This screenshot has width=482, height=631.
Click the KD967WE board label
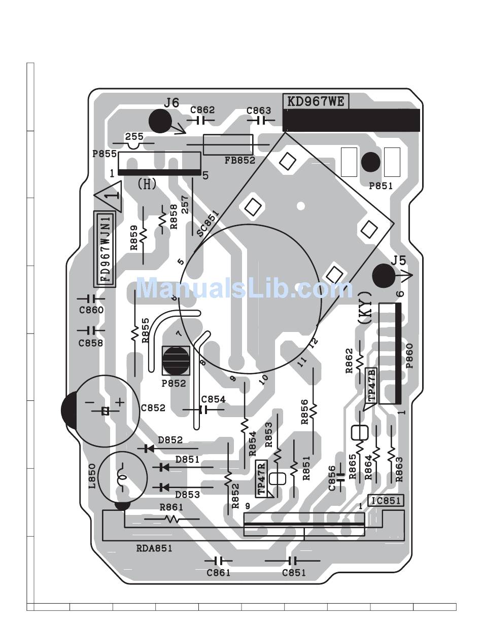click(x=316, y=101)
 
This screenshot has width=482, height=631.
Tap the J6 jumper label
click(x=171, y=103)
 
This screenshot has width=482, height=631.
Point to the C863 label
click(x=259, y=110)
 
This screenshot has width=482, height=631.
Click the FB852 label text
click(x=240, y=160)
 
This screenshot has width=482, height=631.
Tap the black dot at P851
click(x=370, y=162)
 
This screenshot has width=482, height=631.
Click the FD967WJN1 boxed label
click(x=105, y=249)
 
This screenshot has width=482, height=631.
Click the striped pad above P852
click(x=176, y=359)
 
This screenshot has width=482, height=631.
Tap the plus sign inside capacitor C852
click(x=119, y=401)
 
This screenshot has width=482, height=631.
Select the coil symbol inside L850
click(x=122, y=477)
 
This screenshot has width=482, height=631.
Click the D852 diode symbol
click(x=149, y=449)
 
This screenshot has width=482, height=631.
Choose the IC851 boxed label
click(x=386, y=501)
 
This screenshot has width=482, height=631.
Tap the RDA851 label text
click(x=154, y=548)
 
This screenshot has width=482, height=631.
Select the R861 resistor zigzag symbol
click(x=173, y=519)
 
